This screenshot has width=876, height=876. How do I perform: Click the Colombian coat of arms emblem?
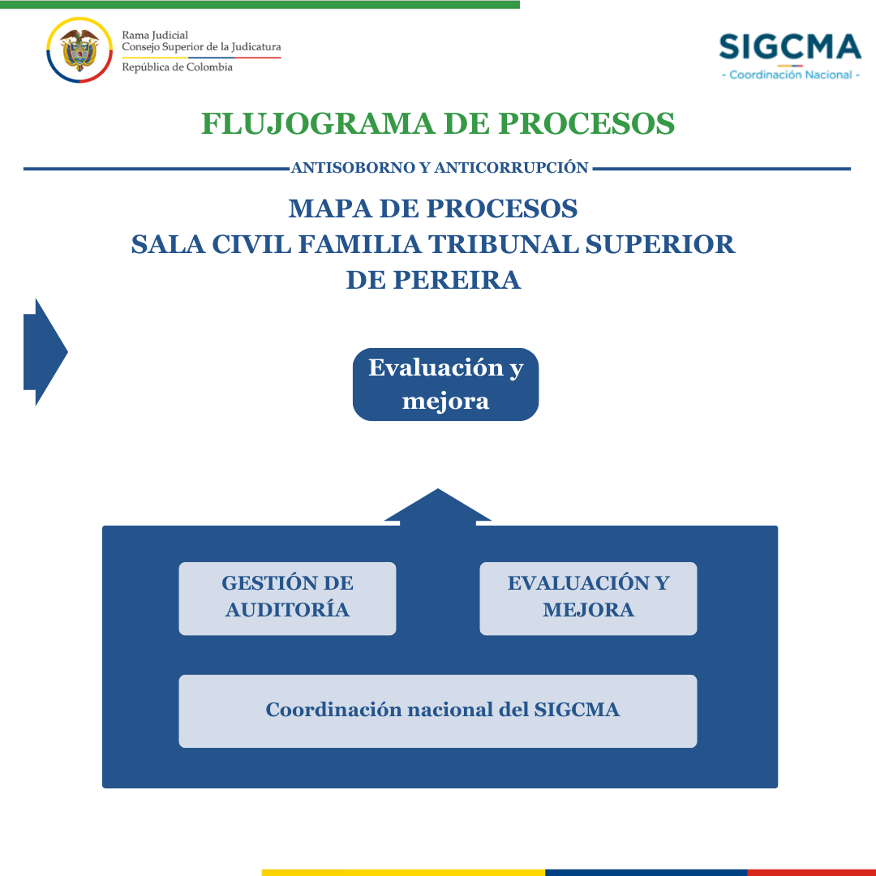(x=79, y=50)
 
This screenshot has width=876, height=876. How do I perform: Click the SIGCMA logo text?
(x=790, y=46)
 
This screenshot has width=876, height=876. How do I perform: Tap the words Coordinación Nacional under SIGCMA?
(x=791, y=75)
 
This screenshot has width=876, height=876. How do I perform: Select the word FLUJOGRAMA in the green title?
(x=317, y=123)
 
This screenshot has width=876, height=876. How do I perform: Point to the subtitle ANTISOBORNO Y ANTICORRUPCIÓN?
(x=440, y=168)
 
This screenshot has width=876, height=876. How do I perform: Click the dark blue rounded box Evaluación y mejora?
(x=446, y=384)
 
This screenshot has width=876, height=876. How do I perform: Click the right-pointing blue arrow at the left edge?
(x=45, y=352)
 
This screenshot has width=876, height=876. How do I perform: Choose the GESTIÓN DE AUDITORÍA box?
(x=287, y=599)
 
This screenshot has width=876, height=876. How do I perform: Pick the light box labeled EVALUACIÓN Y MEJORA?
(x=588, y=599)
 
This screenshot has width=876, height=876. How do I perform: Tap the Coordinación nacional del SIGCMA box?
(x=438, y=711)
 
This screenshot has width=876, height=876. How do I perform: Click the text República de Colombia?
(x=177, y=67)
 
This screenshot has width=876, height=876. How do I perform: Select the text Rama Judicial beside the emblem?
(x=155, y=35)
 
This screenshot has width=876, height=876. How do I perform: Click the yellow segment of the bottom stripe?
(x=403, y=873)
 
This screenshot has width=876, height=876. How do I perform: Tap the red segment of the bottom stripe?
(x=811, y=873)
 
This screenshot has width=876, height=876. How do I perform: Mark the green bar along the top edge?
(x=260, y=5)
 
